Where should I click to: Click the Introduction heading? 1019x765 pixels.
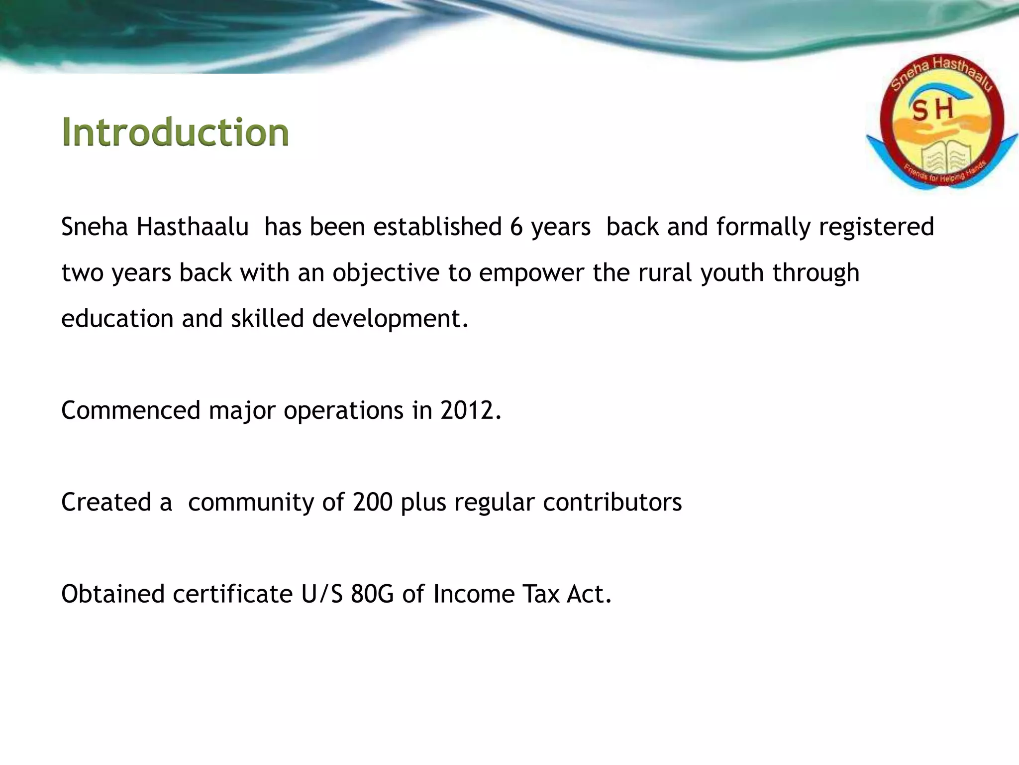175,132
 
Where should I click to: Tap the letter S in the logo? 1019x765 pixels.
920,111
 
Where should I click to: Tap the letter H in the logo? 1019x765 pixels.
944,109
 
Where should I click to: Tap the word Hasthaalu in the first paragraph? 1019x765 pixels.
193,227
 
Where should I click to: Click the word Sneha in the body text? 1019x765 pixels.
95,227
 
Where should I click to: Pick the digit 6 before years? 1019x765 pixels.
516,227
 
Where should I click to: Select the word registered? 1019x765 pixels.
876,227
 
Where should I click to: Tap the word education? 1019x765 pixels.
117,319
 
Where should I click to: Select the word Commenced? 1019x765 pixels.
130,410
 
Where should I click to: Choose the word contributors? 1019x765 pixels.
612,502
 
